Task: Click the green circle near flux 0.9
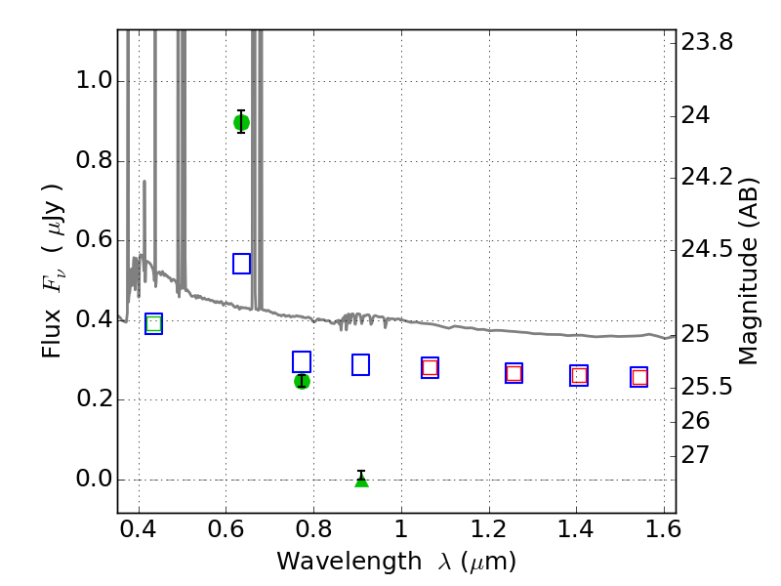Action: [241, 122]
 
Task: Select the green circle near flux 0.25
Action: [302, 381]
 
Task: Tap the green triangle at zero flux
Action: [361, 480]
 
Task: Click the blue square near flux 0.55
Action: [241, 263]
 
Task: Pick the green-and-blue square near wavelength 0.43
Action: [154, 324]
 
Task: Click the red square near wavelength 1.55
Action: [639, 377]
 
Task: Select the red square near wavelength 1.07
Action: [430, 368]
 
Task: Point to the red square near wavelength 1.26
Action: [514, 373]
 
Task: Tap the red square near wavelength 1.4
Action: [579, 375]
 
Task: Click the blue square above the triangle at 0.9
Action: [360, 364]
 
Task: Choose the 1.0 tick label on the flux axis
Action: [94, 80]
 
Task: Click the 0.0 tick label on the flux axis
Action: [94, 479]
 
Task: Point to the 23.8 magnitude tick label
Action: [707, 42]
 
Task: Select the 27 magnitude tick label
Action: [695, 455]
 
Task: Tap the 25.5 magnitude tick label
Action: [707, 386]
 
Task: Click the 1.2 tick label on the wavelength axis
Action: [489, 528]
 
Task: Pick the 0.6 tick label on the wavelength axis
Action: [226, 528]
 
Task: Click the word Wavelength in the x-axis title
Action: [349, 563]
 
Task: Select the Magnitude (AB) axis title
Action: [747, 272]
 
